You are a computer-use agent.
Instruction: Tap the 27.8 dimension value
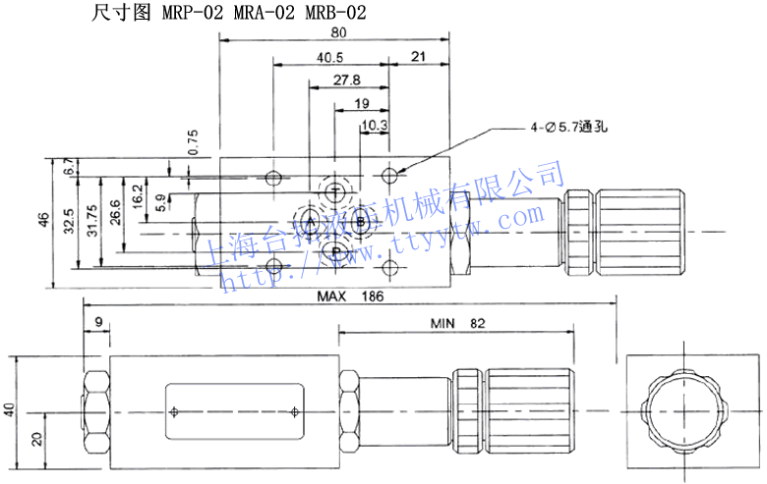[346, 81]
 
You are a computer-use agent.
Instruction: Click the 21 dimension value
[418, 57]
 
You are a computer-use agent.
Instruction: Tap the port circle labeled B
[361, 223]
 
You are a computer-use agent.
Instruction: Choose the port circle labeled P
[336, 254]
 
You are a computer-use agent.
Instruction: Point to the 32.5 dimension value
[69, 223]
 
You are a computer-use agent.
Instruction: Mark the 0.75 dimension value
[193, 143]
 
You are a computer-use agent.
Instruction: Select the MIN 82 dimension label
[458, 322]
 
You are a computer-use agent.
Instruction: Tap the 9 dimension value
[98, 321]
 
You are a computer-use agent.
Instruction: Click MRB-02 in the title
[339, 13]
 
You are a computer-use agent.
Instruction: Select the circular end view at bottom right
[681, 410]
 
